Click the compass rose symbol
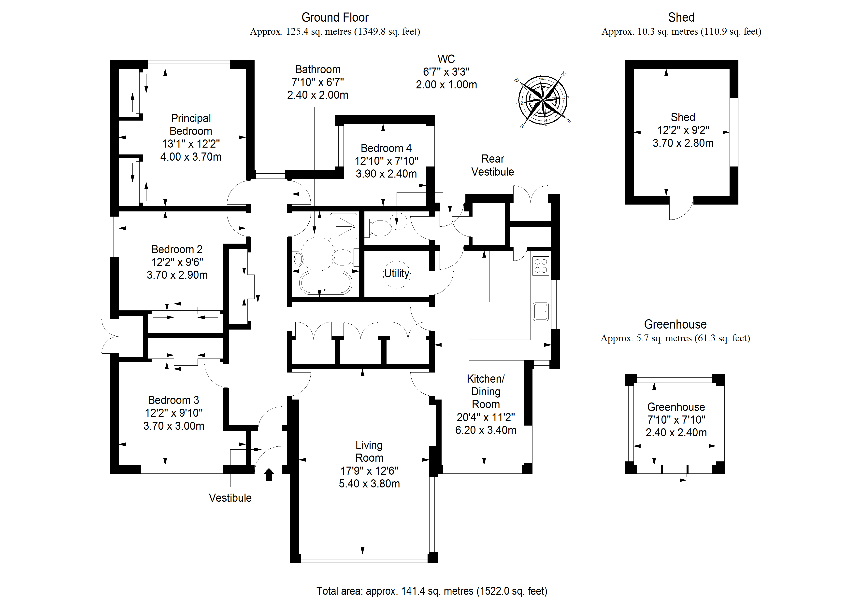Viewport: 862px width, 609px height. [x=543, y=100]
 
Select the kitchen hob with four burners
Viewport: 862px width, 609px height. [x=541, y=266]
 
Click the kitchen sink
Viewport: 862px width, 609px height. [x=541, y=311]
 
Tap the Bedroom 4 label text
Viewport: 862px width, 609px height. [x=386, y=148]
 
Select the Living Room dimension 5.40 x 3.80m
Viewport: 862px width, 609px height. [x=369, y=484]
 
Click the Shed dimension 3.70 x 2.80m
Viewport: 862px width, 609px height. [x=683, y=143]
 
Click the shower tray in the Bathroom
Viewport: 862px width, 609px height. [x=343, y=227]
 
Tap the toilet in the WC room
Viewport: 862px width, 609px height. [x=380, y=228]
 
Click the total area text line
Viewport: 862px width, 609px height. [x=432, y=591]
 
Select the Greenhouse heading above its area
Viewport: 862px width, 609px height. [x=675, y=324]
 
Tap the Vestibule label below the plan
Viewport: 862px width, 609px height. [x=230, y=498]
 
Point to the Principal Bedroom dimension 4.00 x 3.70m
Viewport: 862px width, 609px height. [x=191, y=157]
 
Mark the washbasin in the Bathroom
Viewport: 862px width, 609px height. [x=298, y=259]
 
